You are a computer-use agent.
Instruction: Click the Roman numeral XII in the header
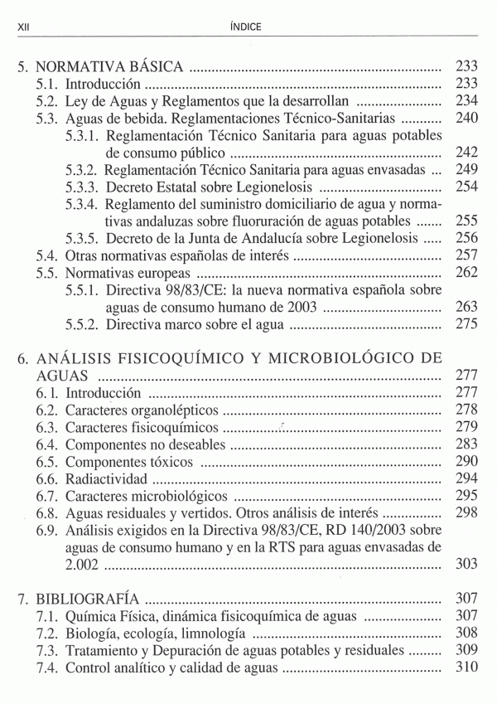[x=23, y=27]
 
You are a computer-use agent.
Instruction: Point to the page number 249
[x=467, y=169]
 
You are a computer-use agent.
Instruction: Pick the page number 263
[x=467, y=308]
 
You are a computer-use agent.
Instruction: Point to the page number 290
[x=467, y=462]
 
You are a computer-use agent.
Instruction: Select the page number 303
[x=467, y=566]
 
